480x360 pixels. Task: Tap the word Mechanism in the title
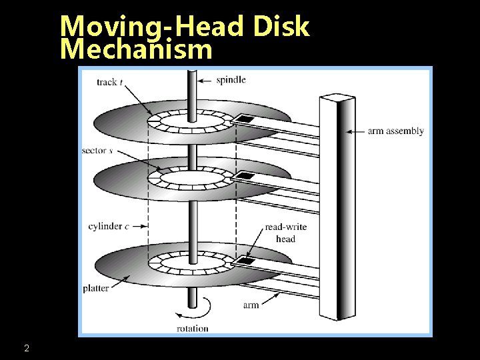136,49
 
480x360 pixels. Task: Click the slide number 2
26,348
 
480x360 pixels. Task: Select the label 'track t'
110,82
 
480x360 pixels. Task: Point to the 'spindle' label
231,80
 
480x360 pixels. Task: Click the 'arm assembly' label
395,131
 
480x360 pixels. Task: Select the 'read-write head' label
285,233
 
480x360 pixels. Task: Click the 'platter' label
96,289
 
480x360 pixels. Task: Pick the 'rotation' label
192,328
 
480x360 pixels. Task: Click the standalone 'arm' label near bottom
251,305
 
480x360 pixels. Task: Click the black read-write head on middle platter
246,176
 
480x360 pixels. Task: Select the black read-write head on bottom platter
247,261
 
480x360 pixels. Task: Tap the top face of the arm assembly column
337,98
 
